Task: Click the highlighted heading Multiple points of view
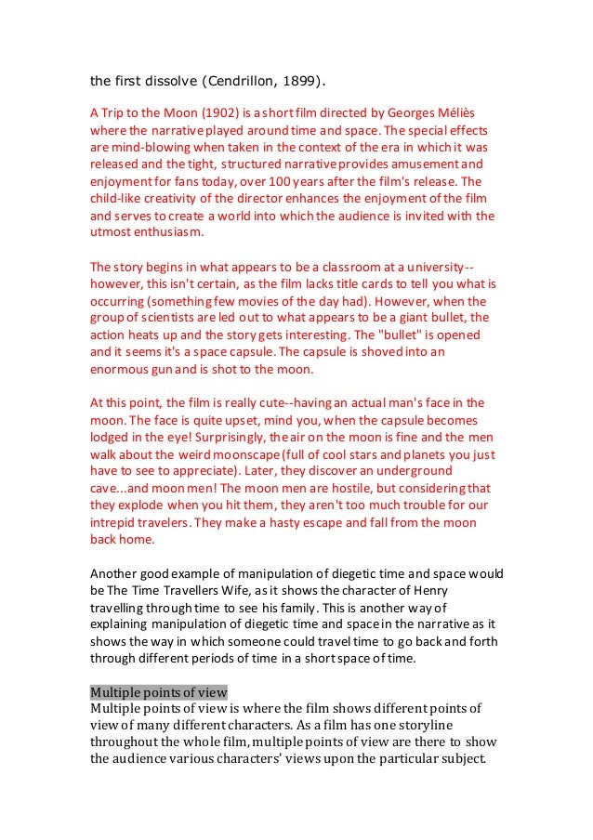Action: point(159,690)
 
